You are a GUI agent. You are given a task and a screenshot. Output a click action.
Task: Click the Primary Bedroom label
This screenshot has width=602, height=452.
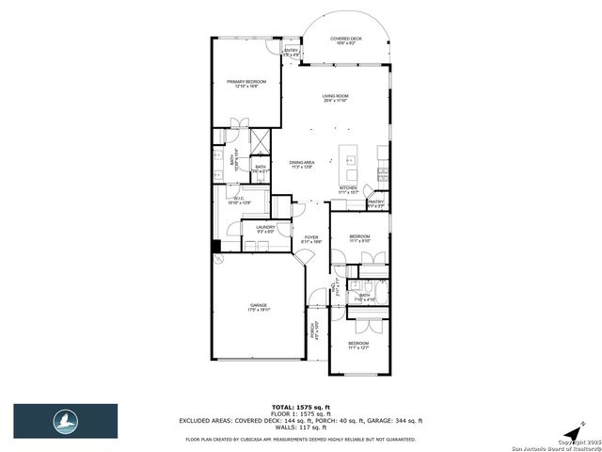point(246,84)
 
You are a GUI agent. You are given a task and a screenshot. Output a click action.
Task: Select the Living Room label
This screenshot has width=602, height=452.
point(336,98)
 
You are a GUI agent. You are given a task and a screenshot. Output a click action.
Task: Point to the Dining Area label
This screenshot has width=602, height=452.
point(302,165)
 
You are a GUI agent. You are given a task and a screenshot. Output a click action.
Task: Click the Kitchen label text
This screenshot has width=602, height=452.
point(349,189)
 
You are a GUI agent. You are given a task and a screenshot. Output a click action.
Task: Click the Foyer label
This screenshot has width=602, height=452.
point(311,239)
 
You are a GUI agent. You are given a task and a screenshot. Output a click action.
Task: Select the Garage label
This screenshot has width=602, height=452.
point(259,307)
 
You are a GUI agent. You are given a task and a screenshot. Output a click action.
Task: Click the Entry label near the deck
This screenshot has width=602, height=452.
point(292,53)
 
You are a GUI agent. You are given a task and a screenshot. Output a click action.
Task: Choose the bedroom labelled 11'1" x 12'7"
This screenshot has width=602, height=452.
point(359,346)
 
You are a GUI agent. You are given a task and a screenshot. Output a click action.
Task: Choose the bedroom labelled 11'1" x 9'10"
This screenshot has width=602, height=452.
point(360,237)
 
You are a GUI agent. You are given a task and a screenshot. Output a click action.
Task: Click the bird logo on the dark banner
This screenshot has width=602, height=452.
point(65,419)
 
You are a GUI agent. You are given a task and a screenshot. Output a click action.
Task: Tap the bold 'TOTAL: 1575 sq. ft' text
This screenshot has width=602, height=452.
point(300,407)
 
